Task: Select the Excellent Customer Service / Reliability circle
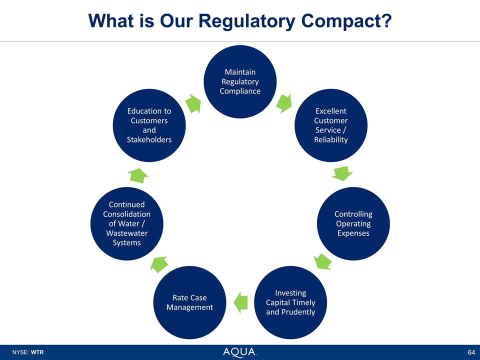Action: (330, 125)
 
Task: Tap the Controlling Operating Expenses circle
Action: (353, 223)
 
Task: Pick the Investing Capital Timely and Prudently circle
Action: (290, 302)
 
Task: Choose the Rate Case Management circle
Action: (189, 302)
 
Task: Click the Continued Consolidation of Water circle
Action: (126, 223)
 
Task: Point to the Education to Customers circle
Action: (149, 125)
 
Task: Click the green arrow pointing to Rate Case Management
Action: (240, 301)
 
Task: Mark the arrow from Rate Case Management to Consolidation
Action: (159, 263)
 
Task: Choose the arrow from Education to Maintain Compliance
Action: (193, 103)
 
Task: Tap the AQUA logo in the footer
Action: (239, 352)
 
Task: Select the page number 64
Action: (470, 352)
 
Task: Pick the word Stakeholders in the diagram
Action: (149, 139)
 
